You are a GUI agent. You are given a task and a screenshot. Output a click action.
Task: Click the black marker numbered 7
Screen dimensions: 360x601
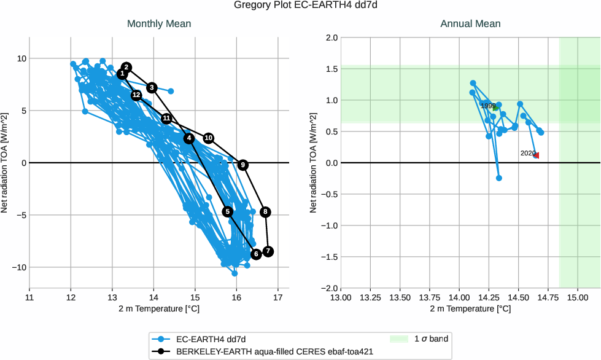click(x=268, y=252)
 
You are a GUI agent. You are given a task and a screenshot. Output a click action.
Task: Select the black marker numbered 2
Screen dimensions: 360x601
click(x=126, y=68)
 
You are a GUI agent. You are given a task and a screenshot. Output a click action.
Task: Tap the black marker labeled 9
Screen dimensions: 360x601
click(x=243, y=165)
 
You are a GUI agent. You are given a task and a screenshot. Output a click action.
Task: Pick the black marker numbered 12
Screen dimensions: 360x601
click(x=136, y=95)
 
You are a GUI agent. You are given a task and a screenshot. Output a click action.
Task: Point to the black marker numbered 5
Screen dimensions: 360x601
click(x=228, y=211)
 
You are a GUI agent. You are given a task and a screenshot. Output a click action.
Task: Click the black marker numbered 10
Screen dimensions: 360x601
click(x=209, y=138)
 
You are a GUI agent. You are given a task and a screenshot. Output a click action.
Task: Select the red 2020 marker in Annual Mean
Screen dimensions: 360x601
click(x=536, y=155)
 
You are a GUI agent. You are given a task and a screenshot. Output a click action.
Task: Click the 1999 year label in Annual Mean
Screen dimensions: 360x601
click(x=488, y=106)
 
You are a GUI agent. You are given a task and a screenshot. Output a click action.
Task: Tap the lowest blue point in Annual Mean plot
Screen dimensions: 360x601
click(x=499, y=178)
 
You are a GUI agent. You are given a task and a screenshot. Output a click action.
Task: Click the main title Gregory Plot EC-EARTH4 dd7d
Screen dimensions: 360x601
click(x=300, y=6)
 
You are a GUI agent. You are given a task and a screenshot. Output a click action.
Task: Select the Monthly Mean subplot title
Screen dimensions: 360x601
click(x=159, y=24)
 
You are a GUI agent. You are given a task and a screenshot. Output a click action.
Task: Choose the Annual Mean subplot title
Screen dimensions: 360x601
click(x=470, y=24)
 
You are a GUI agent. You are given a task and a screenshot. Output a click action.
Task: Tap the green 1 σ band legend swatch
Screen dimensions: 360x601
click(x=399, y=338)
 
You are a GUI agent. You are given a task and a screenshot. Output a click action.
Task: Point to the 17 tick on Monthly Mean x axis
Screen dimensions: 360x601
click(x=278, y=298)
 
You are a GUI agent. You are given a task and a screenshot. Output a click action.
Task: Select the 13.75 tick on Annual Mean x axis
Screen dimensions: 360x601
click(x=430, y=298)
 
